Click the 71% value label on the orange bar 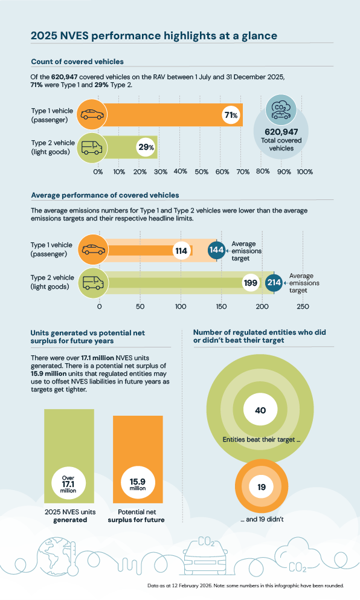[x=230, y=115]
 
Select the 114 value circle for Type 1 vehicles [x=181, y=250]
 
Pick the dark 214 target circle [x=274, y=282]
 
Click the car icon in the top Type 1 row [x=92, y=115]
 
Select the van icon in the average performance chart [x=92, y=282]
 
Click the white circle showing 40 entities [x=260, y=410]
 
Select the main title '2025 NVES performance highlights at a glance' [x=154, y=36]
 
